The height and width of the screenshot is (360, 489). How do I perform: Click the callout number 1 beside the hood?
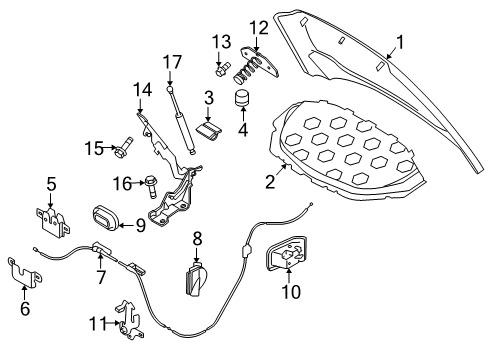[400, 42]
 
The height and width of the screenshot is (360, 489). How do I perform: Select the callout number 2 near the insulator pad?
[270, 182]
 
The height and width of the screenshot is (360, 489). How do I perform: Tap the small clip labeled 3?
[209, 132]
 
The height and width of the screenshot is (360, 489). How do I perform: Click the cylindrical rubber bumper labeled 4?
[242, 97]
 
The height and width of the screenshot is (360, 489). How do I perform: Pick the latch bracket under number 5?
[52, 222]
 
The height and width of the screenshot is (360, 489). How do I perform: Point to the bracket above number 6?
[24, 272]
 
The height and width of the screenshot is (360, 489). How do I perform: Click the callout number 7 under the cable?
[101, 277]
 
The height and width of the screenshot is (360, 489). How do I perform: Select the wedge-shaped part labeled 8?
[197, 279]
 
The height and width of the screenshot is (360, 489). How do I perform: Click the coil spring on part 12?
[247, 70]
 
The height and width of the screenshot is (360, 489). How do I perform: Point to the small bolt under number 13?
[223, 69]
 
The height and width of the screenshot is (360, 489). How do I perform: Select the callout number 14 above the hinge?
[143, 90]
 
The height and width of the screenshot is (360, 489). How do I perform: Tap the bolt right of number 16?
[151, 187]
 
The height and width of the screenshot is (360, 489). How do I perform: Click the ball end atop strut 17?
[170, 89]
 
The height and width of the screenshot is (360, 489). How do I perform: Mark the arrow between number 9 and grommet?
[127, 226]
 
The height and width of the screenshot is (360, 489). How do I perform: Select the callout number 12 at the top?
[259, 28]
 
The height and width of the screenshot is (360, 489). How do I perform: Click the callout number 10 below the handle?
[291, 292]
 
